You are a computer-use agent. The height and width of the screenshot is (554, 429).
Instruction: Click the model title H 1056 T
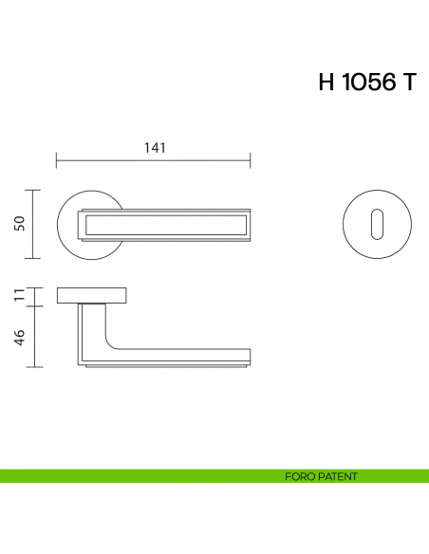click(366, 83)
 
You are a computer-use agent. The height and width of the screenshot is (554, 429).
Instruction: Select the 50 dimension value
click(19, 224)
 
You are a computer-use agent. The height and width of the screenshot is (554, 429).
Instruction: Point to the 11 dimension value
click(19, 296)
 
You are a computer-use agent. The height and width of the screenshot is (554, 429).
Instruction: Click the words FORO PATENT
click(321, 476)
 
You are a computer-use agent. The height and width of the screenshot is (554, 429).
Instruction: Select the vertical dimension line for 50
click(35, 224)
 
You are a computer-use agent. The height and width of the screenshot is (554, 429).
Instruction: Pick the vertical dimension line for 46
click(35, 337)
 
